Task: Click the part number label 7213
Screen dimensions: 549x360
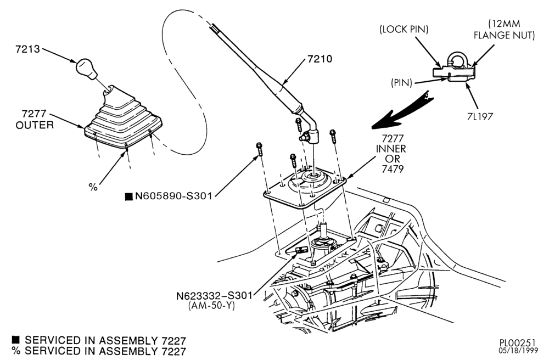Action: click(27, 49)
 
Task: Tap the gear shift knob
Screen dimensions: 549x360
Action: click(86, 68)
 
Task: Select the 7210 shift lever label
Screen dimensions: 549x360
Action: click(320, 59)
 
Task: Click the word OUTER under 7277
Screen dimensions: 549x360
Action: click(35, 125)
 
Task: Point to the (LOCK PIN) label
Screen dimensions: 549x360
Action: click(404, 30)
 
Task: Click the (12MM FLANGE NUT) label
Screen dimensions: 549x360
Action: click(504, 30)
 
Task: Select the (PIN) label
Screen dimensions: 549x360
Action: click(401, 83)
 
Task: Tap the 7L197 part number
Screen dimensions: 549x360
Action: click(480, 116)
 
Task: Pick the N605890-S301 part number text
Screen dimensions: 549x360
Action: click(173, 196)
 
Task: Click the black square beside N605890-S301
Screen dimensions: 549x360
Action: click(129, 196)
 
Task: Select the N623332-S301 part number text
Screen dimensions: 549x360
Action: click(214, 296)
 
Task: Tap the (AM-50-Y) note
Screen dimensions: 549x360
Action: click(211, 306)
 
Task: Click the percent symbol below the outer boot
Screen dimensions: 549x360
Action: click(93, 187)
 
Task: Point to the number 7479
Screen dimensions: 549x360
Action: click(391, 169)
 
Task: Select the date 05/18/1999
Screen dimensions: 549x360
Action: click(517, 351)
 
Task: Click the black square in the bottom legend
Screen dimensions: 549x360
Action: click(16, 339)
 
